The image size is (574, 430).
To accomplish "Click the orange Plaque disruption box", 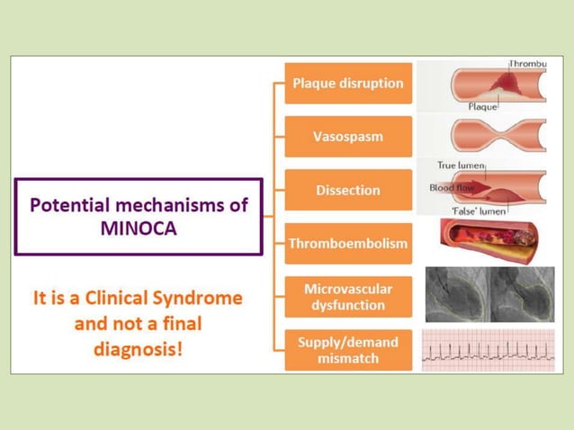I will click(348, 84).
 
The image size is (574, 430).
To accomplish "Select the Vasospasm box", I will click(348, 137).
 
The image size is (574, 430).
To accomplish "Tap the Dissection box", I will click(348, 190).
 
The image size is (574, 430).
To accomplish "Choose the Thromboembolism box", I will click(348, 243).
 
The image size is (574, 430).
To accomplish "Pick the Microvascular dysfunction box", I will click(348, 297).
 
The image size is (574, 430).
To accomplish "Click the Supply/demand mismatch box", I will click(348, 350).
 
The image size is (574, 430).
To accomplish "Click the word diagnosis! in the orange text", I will click(139, 347).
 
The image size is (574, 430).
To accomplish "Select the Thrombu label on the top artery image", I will click(528, 65).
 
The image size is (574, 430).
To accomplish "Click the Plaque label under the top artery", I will click(482, 105).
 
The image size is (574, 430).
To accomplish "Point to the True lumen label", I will click(461, 166).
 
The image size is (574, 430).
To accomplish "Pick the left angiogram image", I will click(457, 295).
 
